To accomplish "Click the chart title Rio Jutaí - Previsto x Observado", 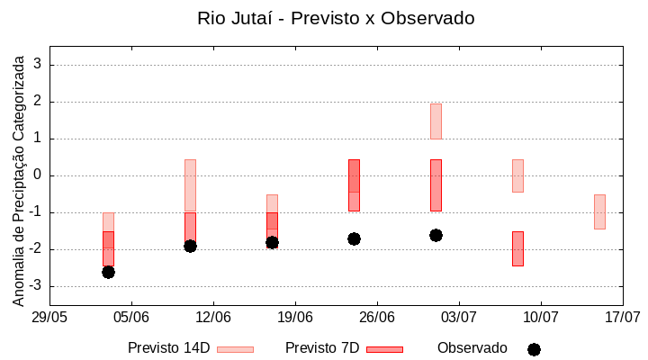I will (336, 18).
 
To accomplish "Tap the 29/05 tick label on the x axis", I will (49, 318).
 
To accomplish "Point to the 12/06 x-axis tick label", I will (213, 318).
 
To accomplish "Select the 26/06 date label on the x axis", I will (377, 318).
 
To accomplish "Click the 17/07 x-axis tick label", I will (623, 318).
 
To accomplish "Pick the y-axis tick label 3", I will (38, 65).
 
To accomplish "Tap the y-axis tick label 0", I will (38, 175).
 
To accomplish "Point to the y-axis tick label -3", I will (34, 286).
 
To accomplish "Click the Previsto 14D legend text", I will (169, 348).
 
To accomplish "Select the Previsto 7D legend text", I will (322, 348).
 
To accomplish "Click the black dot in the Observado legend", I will (534, 349).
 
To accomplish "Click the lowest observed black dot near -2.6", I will (108, 272).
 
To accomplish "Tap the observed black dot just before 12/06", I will (190, 246).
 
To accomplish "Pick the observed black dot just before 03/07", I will (436, 235).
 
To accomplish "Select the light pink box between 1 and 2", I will (436, 121).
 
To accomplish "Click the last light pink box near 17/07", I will (599, 211).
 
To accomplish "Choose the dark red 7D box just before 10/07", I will (517, 248).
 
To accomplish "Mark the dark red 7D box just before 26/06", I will (354, 185).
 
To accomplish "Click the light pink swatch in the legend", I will (235, 349).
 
